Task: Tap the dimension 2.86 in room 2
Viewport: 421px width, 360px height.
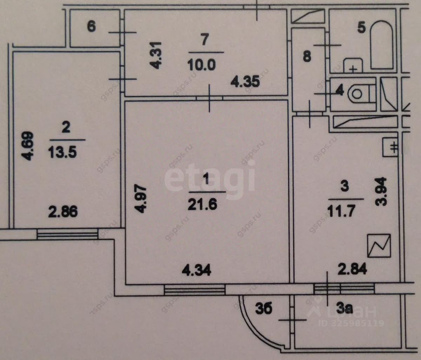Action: click(x=64, y=212)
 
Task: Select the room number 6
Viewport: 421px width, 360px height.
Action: click(x=91, y=27)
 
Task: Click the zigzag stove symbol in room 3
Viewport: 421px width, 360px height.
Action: click(x=379, y=245)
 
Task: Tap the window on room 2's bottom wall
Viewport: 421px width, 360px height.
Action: click(x=67, y=234)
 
